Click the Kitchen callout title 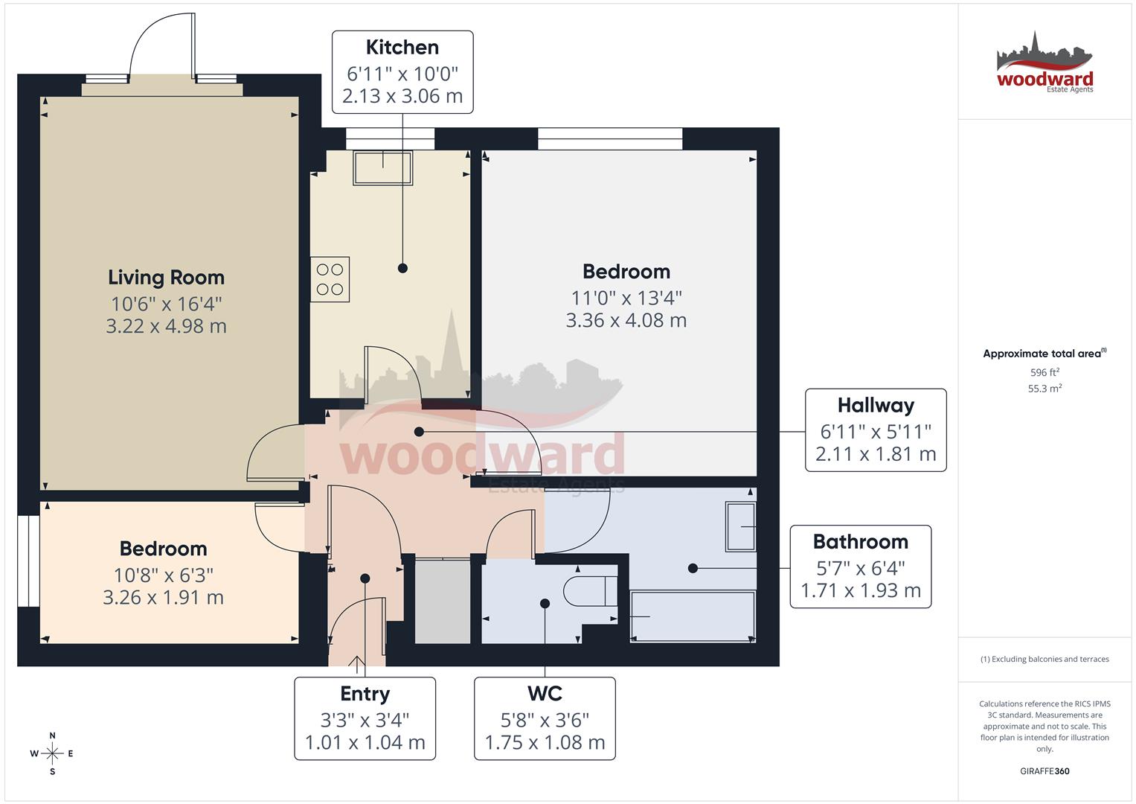point(402,48)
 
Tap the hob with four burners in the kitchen point(330,279)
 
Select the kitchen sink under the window point(383,168)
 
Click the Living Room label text point(166,278)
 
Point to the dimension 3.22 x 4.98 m point(166,326)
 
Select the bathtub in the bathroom point(692,616)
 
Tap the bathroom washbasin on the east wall point(741,526)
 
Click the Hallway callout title point(876,406)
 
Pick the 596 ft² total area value point(1044,372)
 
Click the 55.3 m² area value point(1044,388)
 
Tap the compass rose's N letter point(52,736)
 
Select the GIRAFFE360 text point(1044,771)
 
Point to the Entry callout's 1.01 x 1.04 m point(365,742)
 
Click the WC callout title point(545,694)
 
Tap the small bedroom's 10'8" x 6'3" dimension point(163,575)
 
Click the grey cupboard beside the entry point(443,602)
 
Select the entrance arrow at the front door point(357,663)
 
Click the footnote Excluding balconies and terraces point(1044,659)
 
